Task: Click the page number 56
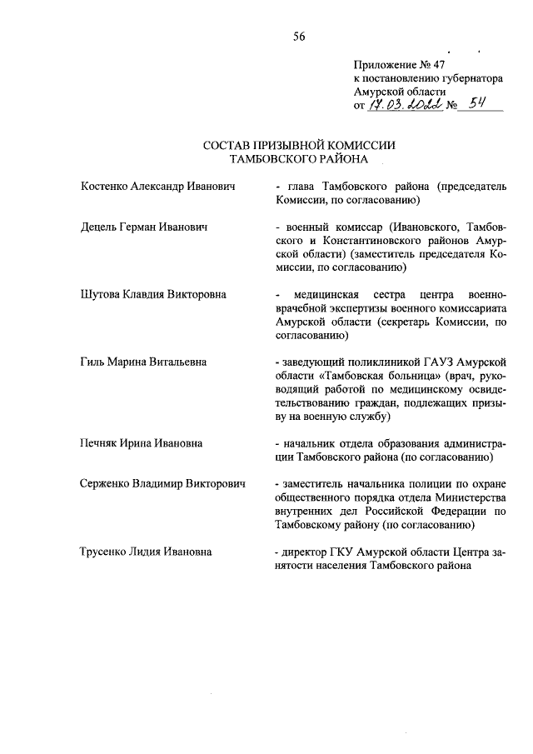click(299, 34)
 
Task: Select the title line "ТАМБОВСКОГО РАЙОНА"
click(299, 157)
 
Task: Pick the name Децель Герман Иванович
click(142, 227)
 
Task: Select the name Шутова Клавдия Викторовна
click(153, 295)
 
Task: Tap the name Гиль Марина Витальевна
click(143, 362)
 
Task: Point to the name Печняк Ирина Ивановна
click(141, 443)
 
